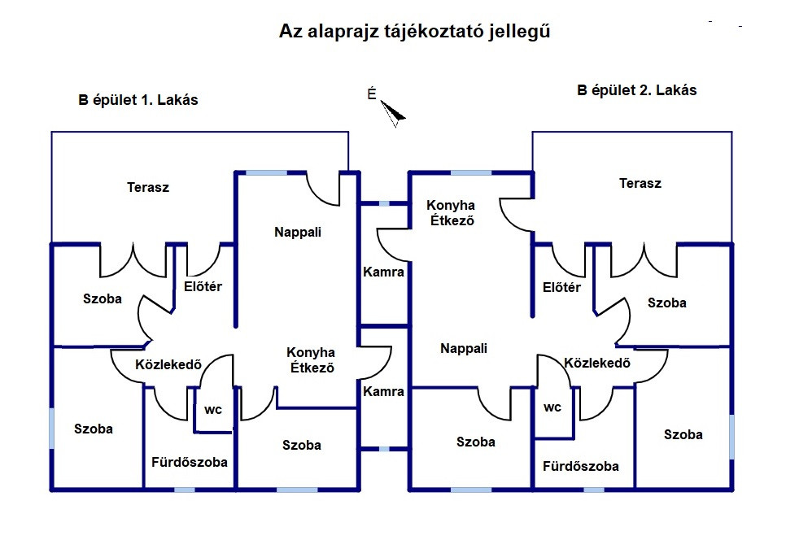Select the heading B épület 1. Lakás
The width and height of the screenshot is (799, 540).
pyautogui.click(x=138, y=100)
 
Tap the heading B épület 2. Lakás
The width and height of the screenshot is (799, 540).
pyautogui.click(x=637, y=90)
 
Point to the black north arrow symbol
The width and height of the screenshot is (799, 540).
pyautogui.click(x=393, y=113)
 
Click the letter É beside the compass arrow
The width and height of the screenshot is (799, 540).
pyautogui.click(x=372, y=94)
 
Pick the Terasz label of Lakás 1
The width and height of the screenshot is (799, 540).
pyautogui.click(x=148, y=188)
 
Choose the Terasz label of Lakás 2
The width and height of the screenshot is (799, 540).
pyautogui.click(x=640, y=184)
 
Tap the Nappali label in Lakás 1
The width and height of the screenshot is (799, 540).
pyautogui.click(x=298, y=233)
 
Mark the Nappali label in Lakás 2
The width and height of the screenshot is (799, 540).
pyautogui.click(x=464, y=348)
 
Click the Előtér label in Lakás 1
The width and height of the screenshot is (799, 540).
pyautogui.click(x=203, y=286)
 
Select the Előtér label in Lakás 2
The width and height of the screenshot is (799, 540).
pyautogui.click(x=561, y=287)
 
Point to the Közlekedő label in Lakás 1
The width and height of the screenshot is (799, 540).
pyautogui.click(x=168, y=364)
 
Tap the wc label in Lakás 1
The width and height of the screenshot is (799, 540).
pyautogui.click(x=213, y=410)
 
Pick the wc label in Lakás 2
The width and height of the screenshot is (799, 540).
pyautogui.click(x=552, y=407)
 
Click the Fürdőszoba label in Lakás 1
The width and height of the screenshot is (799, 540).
pyautogui.click(x=189, y=462)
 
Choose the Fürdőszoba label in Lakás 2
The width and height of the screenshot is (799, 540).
pyautogui.click(x=580, y=466)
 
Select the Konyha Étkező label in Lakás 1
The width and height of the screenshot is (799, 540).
pyautogui.click(x=312, y=359)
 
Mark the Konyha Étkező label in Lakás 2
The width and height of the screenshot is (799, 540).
pyautogui.click(x=452, y=212)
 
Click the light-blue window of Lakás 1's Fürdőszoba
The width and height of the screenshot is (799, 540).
pyautogui.click(x=185, y=490)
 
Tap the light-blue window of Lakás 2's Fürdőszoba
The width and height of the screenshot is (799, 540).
pyautogui.click(x=594, y=490)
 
